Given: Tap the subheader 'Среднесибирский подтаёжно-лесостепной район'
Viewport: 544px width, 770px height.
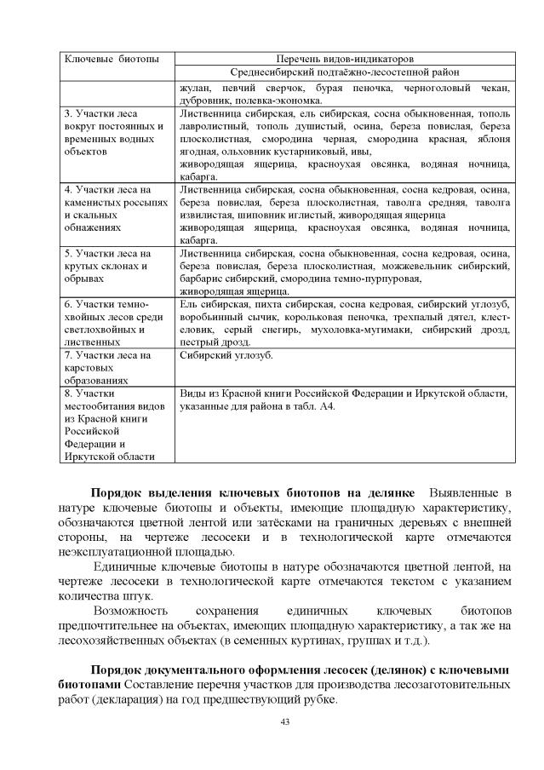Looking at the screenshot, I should click(x=345, y=73).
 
